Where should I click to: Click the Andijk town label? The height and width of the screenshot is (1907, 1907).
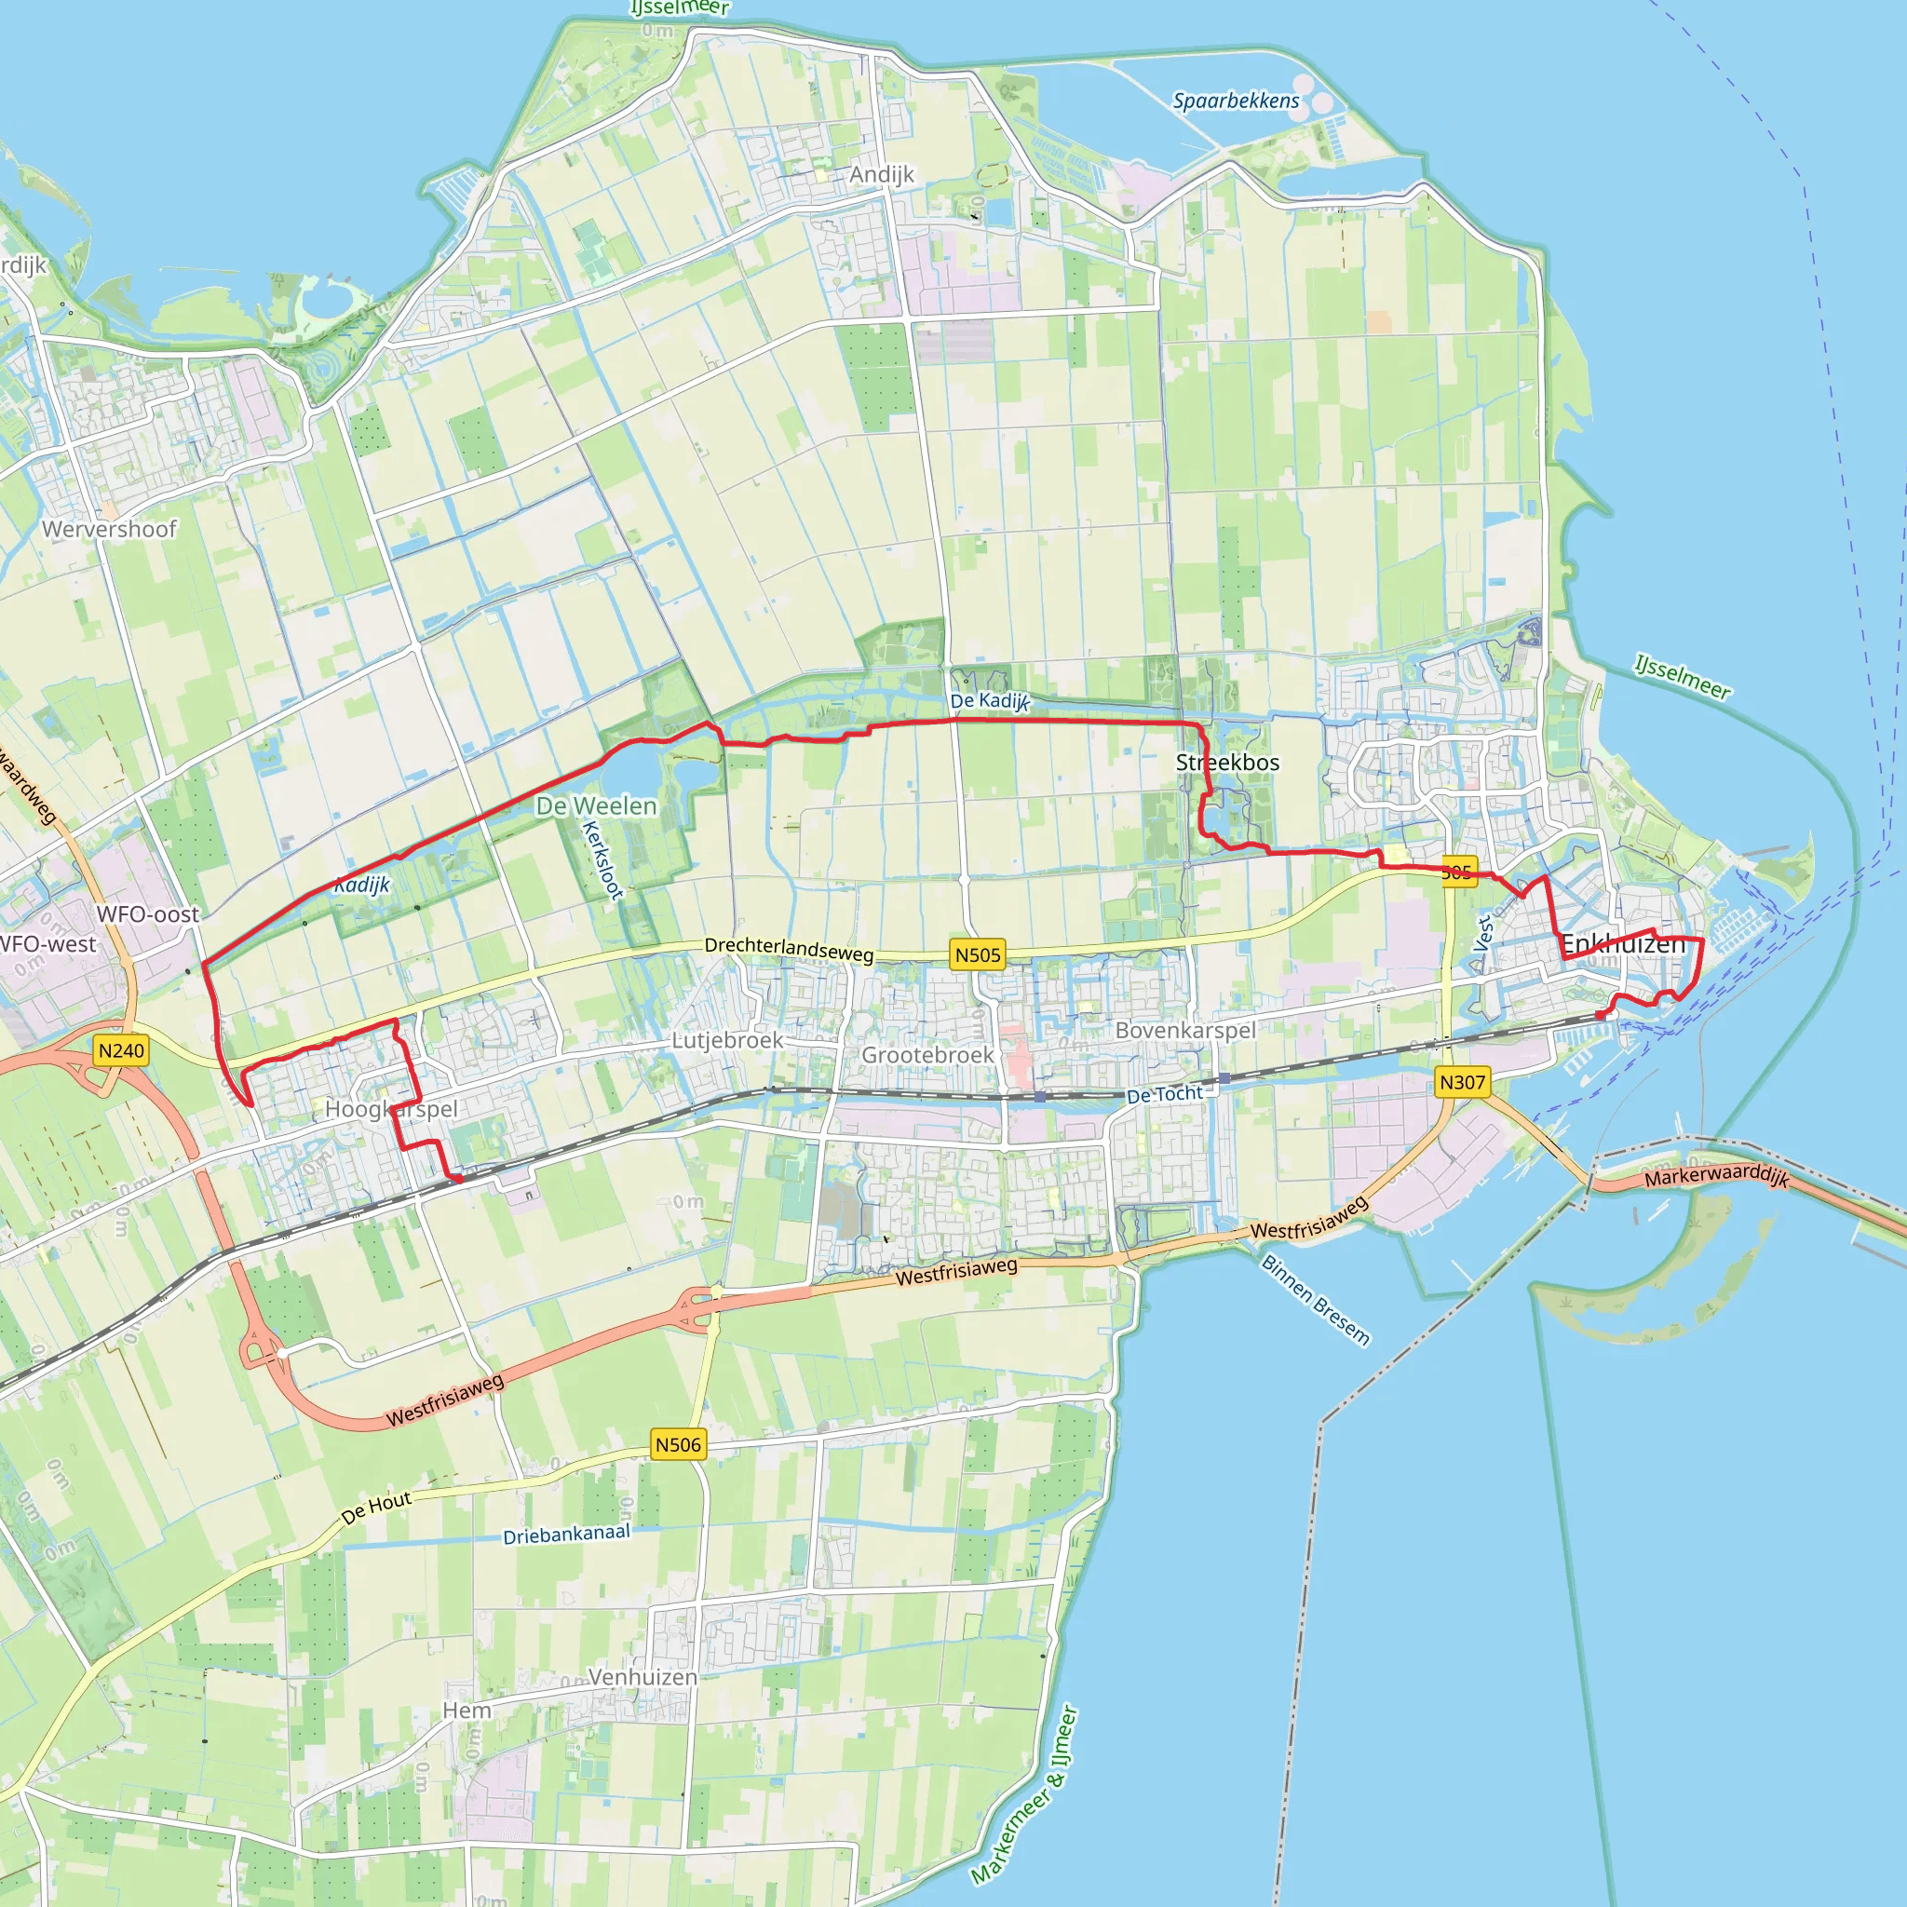(x=882, y=175)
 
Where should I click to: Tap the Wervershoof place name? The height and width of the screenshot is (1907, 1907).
(x=110, y=529)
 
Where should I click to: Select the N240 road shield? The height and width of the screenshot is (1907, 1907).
(x=121, y=1050)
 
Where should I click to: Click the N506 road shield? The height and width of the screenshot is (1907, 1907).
(x=678, y=1445)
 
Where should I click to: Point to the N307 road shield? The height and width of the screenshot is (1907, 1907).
(x=1462, y=1083)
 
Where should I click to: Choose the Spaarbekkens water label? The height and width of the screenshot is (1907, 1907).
(x=1236, y=101)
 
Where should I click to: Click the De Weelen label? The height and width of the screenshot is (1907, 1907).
(x=596, y=806)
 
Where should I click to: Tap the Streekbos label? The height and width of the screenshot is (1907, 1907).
(x=1227, y=763)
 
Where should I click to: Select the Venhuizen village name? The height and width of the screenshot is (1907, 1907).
(x=642, y=1677)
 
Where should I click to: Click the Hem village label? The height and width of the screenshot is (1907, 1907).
(x=467, y=1711)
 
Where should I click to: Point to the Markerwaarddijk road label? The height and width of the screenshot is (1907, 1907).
(x=1716, y=1177)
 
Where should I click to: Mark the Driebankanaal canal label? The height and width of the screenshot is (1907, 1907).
(x=566, y=1535)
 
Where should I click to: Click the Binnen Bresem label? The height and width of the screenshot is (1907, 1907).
(x=1316, y=1300)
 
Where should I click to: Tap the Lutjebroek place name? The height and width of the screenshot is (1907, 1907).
(x=727, y=1040)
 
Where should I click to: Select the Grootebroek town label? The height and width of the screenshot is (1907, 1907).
(x=927, y=1055)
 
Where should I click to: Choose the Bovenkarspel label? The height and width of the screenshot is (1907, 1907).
(x=1185, y=1031)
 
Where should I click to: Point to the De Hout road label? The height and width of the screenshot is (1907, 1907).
(x=376, y=1508)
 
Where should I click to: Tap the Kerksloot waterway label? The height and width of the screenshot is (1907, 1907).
(x=602, y=859)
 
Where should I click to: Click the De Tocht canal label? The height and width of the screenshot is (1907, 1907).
(x=1165, y=1095)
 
